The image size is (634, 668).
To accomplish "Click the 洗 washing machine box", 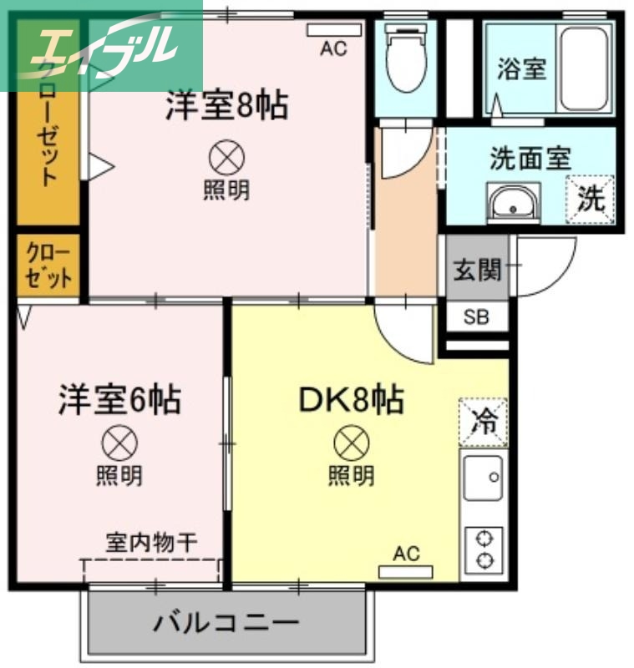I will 591,199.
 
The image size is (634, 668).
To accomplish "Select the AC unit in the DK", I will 406,572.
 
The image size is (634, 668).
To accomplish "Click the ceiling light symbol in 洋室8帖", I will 226,156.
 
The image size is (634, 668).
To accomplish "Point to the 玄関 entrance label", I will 477,270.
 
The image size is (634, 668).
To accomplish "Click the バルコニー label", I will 226,623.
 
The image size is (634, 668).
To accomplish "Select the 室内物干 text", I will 151,542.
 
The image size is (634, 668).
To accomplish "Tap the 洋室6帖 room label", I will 119,400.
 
